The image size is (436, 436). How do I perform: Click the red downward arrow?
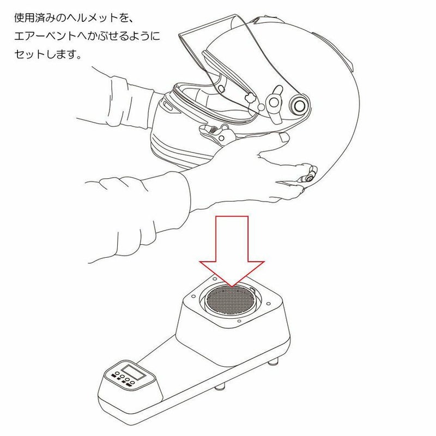coord(232,250)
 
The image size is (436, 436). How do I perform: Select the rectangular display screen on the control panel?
coord(133,372)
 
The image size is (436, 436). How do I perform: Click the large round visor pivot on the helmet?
coord(300,105)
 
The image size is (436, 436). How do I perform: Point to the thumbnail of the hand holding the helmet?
coord(284,137)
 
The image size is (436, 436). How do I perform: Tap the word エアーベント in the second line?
coord(45,36)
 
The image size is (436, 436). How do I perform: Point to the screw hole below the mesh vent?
coord(239,321)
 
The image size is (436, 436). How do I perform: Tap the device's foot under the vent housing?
coord(274,362)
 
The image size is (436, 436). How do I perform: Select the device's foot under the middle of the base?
coord(220,387)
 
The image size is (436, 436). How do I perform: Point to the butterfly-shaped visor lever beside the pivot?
coord(274,104)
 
